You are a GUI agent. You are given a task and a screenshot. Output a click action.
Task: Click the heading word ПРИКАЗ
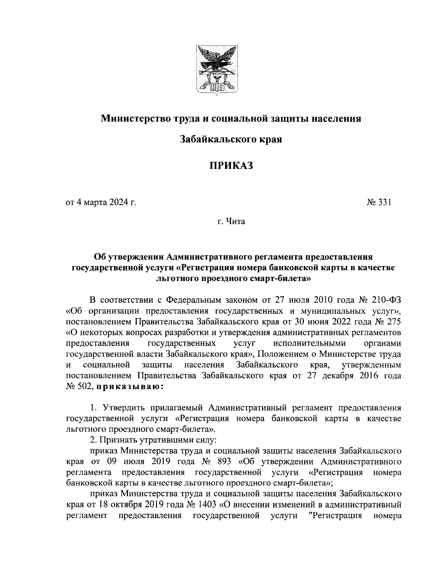(x=231, y=166)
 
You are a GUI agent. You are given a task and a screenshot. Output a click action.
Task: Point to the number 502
(x=87, y=387)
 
